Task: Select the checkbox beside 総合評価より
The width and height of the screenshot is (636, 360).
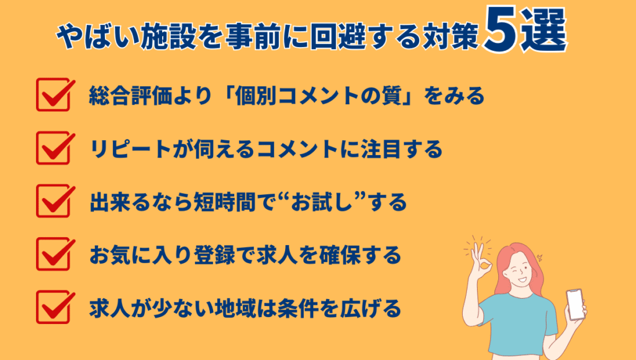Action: pos(53,95)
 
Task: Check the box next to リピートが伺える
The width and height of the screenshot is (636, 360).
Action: pos(53,148)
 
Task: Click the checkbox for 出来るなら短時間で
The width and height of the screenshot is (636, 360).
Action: pos(53,200)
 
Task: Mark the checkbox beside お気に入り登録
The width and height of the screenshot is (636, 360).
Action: pos(53,253)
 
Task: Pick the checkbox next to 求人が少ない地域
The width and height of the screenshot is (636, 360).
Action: pos(53,306)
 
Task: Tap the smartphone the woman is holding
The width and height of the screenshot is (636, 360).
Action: pos(576,304)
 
